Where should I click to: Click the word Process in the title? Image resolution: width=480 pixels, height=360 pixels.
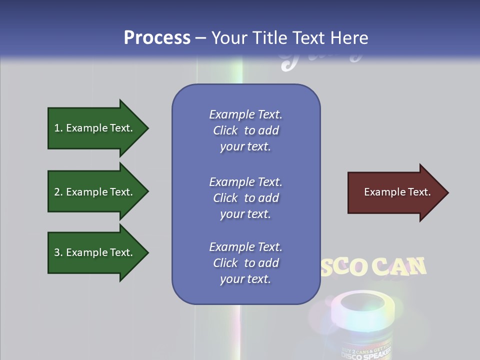click(x=157, y=38)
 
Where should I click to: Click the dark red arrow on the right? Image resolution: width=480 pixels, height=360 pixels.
click(x=395, y=192)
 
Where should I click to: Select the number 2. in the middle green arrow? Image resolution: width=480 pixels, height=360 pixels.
click(x=58, y=192)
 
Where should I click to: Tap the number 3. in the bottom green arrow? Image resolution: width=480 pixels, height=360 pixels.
click(x=58, y=252)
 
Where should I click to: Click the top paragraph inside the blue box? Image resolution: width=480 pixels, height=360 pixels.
click(x=245, y=130)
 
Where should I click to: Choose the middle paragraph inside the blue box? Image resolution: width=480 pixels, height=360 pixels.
click(x=245, y=198)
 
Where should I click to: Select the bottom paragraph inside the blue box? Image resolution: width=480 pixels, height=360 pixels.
click(x=245, y=263)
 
